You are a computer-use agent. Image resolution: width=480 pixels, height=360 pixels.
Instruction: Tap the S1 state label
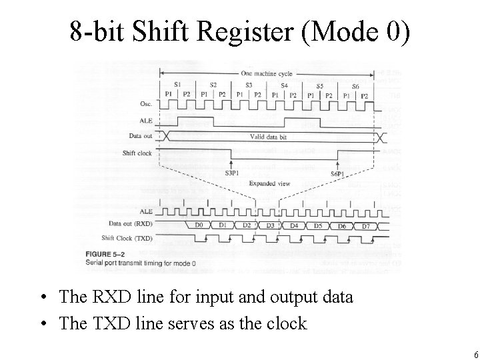pyautogui.click(x=177, y=84)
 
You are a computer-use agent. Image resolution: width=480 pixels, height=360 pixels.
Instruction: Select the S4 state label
pyautogui.click(x=284, y=85)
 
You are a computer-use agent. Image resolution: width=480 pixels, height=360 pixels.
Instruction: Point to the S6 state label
pyautogui.click(x=355, y=86)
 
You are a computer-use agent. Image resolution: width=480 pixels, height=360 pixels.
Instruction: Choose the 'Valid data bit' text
pyautogui.click(x=271, y=137)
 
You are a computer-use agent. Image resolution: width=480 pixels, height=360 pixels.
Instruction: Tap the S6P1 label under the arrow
pyautogui.click(x=338, y=173)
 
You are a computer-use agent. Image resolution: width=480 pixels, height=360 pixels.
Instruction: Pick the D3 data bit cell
pyautogui.click(x=270, y=225)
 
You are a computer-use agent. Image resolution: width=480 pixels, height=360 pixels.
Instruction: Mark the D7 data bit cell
pyautogui.click(x=365, y=226)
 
